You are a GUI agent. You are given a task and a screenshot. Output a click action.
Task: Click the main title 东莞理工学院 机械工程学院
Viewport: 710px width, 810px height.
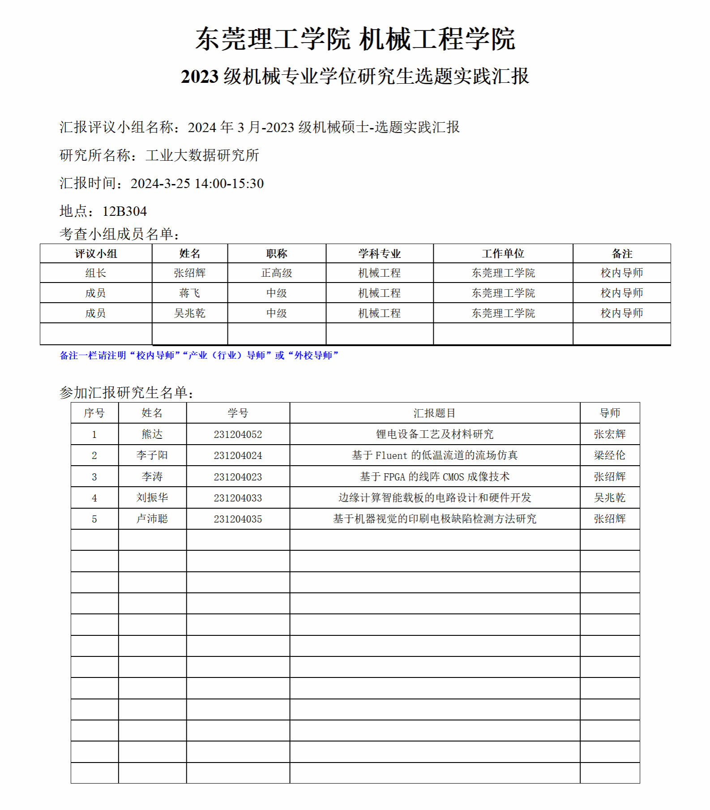tap(355, 39)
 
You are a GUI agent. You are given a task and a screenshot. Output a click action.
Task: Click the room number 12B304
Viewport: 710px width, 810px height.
tap(124, 211)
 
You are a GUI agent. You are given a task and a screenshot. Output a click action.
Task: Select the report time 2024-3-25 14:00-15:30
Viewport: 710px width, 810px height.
tap(197, 183)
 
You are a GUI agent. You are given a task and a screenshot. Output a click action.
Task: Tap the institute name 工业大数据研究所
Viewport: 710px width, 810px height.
tap(202, 155)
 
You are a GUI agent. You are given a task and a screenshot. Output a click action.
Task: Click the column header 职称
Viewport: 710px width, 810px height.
tap(277, 253)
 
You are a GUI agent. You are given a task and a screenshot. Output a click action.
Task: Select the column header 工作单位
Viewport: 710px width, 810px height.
tap(503, 253)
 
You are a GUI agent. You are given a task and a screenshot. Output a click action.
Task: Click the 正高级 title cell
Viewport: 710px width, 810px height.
tap(277, 273)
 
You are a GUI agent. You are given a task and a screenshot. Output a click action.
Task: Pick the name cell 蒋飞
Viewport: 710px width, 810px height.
tap(189, 293)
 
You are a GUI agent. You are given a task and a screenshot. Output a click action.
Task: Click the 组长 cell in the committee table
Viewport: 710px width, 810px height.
tap(95, 273)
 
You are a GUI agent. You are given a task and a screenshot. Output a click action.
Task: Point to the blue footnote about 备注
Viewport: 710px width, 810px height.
tap(199, 355)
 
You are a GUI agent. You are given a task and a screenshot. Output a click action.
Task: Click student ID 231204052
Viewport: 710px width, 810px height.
tap(238, 434)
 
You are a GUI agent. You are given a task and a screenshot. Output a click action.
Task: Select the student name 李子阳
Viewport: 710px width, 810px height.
tap(152, 455)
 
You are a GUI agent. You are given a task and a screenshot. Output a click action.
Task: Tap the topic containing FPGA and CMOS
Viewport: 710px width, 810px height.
tap(434, 477)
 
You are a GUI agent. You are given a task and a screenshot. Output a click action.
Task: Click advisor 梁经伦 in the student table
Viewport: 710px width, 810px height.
tap(609, 455)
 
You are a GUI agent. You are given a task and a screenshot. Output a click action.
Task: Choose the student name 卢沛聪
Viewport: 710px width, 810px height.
tap(152, 519)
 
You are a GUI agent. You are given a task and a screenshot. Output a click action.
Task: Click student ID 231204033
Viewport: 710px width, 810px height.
tap(238, 498)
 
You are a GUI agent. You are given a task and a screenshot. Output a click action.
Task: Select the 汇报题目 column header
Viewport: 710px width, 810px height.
tap(434, 413)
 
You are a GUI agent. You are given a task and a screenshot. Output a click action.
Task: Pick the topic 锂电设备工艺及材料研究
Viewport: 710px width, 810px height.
tap(434, 434)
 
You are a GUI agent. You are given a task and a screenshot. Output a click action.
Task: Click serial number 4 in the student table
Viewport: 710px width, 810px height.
tap(94, 498)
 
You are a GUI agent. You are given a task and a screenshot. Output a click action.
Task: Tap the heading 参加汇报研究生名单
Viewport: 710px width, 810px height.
tap(126, 393)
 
